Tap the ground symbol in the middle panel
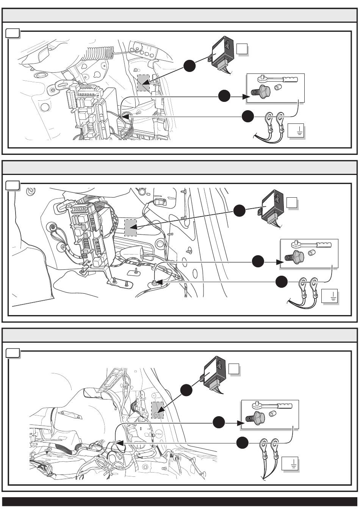tap(329, 297)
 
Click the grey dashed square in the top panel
tap(143, 83)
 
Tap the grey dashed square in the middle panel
tap(130, 228)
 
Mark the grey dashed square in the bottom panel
tap(157, 410)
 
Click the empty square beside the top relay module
tap(242, 49)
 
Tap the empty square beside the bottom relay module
tap(234, 368)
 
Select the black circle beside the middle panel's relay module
tap(239, 211)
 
